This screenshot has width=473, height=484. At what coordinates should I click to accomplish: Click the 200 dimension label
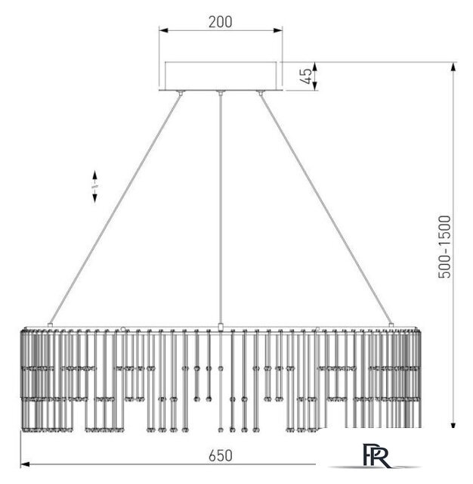[220, 22]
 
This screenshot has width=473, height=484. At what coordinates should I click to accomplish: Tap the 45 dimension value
[306, 76]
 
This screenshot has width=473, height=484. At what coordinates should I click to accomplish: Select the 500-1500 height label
[444, 247]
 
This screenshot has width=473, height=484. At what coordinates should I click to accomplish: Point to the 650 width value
[220, 455]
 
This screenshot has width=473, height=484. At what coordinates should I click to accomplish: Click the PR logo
[376, 455]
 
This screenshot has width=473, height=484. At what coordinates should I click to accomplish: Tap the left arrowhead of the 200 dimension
[163, 30]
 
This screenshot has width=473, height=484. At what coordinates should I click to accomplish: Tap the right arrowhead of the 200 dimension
[278, 30]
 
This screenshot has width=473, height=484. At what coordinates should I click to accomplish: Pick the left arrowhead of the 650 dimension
[25, 464]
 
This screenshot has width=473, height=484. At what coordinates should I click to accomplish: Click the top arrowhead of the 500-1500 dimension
[453, 67]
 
